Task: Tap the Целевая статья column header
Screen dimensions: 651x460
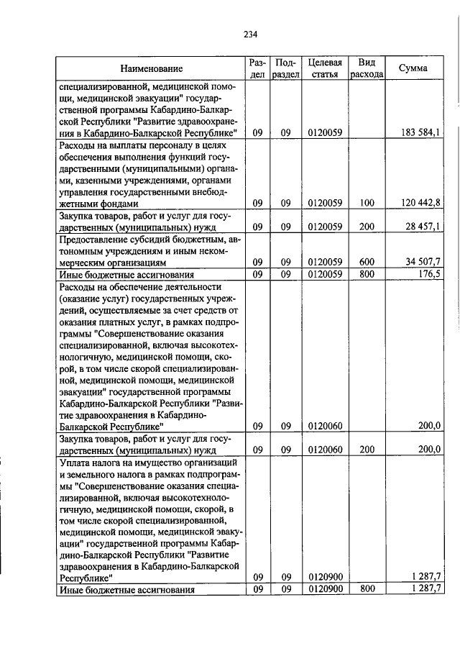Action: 323,68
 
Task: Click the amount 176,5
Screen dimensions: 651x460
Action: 428,273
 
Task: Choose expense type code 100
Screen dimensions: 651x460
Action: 367,203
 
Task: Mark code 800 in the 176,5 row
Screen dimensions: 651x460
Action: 367,273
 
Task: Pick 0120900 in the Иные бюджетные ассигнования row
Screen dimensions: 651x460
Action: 323,590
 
